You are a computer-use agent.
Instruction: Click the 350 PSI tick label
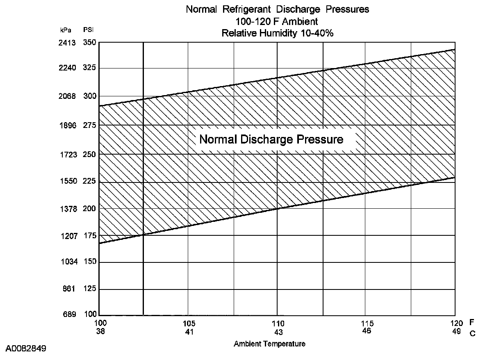pos(89,42)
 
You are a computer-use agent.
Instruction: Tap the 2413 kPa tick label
pos(67,42)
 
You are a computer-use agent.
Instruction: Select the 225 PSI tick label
pos(89,181)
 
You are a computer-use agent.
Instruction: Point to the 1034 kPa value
pos(67,262)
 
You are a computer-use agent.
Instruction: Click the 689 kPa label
pos(69,314)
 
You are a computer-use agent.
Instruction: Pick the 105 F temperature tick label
pos(189,323)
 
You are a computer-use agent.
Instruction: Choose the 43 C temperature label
pos(278,332)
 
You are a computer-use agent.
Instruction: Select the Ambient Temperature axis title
pos(269,344)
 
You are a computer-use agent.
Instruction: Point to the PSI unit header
pos(88,30)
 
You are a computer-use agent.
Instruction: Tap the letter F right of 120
pos(472,323)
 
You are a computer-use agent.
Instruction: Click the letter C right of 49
pos(472,333)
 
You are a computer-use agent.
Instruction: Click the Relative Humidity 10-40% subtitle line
pos(277,34)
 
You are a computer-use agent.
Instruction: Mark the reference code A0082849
pos(26,349)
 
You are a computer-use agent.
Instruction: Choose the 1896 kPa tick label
pos(67,125)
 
